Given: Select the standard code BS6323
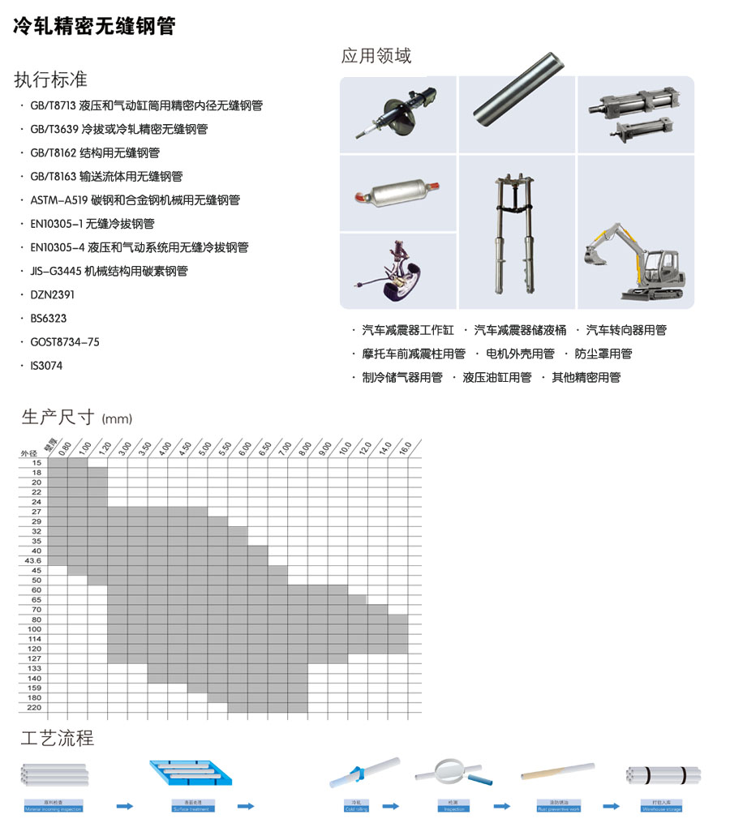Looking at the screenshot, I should (x=49, y=319).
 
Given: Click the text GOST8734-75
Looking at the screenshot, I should (x=65, y=342).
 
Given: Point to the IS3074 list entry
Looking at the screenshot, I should (x=46, y=366).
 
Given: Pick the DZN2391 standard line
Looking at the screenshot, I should (x=52, y=295).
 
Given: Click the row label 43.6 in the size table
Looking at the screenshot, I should (x=33, y=560).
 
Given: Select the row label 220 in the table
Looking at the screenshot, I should (x=35, y=707).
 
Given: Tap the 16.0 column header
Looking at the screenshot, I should (x=405, y=447).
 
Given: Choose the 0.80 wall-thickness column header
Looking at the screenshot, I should (x=64, y=447).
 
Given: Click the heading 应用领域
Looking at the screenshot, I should (x=376, y=56).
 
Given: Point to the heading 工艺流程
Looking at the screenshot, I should (x=57, y=739).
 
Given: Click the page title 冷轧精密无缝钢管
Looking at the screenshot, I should (x=94, y=26).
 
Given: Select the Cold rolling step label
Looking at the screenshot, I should (x=357, y=808).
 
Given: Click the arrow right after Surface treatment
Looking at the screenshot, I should (x=245, y=806).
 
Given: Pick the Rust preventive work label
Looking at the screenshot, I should (x=559, y=808).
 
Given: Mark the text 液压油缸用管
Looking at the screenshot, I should (x=496, y=378).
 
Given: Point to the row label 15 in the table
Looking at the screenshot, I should (x=36, y=463).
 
